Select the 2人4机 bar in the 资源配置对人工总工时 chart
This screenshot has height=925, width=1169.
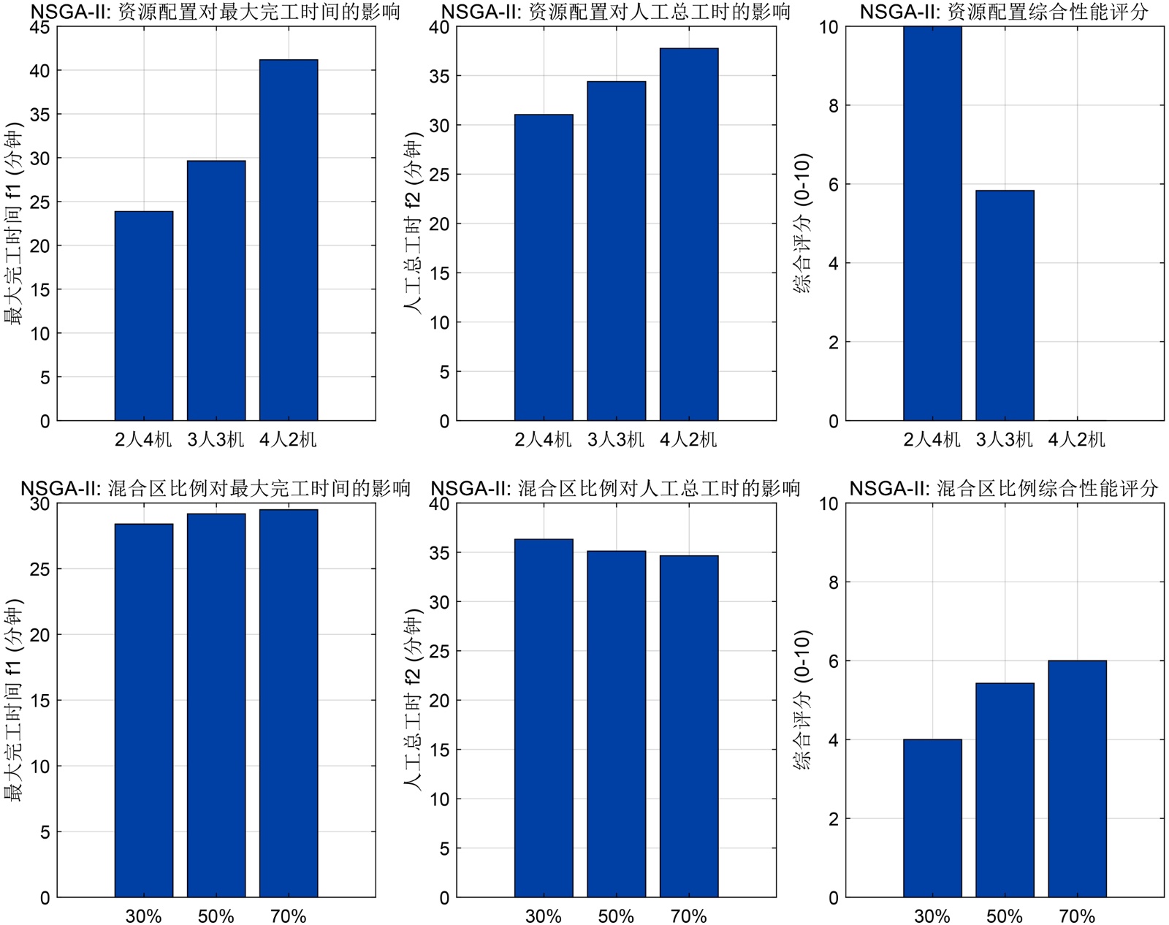pyautogui.click(x=543, y=267)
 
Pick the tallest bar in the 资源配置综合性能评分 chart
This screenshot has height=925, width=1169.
pyautogui.click(x=932, y=224)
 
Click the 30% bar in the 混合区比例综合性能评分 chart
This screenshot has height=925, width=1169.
pyautogui.click(x=932, y=818)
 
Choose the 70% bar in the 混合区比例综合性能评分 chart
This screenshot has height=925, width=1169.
pyautogui.click(x=1077, y=779)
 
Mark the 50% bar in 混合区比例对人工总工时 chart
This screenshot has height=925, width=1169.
pyautogui.click(x=616, y=724)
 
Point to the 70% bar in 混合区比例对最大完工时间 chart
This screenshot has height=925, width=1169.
pyautogui.click(x=288, y=704)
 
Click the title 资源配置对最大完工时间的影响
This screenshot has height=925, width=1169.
pyautogui.click(x=216, y=12)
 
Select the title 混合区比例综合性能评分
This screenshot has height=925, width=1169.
pyautogui.click(x=1004, y=488)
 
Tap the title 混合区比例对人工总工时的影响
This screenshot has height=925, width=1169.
pyautogui.click(x=615, y=488)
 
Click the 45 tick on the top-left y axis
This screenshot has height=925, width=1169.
pyautogui.click(x=40, y=27)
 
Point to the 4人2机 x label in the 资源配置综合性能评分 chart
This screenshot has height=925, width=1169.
pyautogui.click(x=1077, y=439)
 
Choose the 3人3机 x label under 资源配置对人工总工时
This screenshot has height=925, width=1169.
pyautogui.click(x=616, y=439)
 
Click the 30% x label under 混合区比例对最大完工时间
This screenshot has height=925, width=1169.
pyautogui.click(x=143, y=916)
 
